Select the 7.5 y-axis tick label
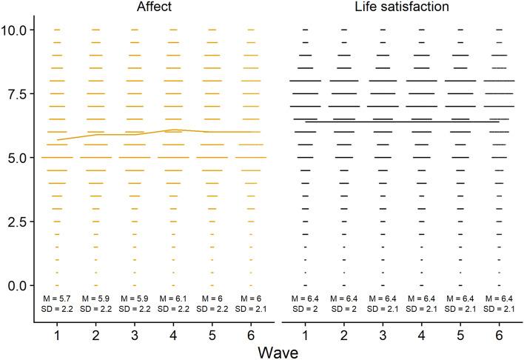(19, 94)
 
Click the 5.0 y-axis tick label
(19, 158)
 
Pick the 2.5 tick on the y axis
(19, 221)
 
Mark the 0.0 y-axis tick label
(19, 285)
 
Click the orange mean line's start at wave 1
(58, 139)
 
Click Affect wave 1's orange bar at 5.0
(57, 158)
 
